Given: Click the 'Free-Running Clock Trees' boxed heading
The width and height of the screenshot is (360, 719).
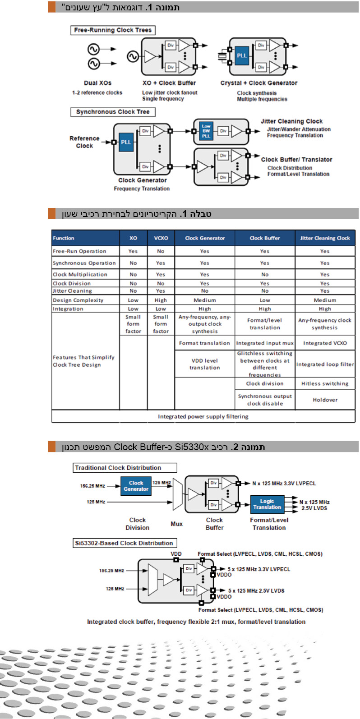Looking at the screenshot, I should pos(113,30).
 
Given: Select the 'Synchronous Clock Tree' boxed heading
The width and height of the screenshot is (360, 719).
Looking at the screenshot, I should pos(113,112).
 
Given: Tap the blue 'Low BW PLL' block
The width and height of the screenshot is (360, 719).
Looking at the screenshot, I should pos(206,131).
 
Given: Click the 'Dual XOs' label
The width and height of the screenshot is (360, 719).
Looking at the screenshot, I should pos(97,83).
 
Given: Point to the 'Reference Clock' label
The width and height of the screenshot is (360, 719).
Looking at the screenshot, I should pos(84,142).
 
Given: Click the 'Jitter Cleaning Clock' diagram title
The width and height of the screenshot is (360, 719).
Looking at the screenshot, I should pos(291,121).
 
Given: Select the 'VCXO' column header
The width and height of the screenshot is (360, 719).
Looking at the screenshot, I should pos(161,238).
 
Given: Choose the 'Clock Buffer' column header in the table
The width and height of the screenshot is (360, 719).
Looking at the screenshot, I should pos(265,238).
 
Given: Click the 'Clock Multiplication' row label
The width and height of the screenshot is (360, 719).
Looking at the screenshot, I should pos(80,274).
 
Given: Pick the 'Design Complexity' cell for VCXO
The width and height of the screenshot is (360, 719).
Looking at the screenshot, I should pos(161,300).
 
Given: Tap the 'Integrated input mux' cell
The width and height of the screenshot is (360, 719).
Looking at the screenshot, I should pos(265,343).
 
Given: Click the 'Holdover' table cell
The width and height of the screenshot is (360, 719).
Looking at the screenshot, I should pos(325,400).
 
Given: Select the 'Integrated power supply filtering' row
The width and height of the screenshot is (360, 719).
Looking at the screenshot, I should pos(203,416).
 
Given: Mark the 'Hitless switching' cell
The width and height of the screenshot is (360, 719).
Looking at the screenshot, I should pos(325,383).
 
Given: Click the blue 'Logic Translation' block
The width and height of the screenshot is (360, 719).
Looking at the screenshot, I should pos(267,504).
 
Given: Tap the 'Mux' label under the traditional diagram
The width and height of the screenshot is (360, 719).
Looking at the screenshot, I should pos(176,524).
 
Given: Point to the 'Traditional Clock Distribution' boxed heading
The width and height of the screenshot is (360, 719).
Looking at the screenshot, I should pos(125,468).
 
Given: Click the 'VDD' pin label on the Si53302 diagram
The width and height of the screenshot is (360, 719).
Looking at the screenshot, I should pos(176,553).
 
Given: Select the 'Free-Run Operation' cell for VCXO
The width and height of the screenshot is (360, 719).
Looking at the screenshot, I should pos(161,251).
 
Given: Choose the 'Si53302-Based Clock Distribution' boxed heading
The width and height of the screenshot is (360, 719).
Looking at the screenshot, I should pos(124,543).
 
